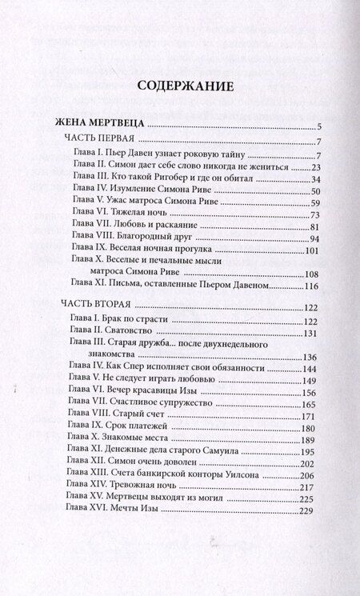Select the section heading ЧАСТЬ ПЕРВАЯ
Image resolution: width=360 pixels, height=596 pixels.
point(98,141)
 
